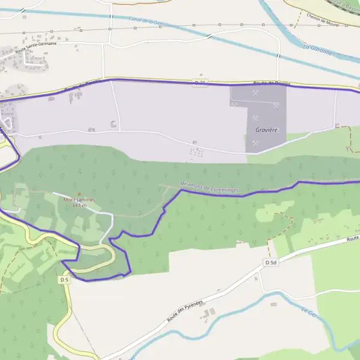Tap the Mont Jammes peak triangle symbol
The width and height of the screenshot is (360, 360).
(x=79, y=193)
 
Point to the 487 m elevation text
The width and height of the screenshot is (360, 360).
(x=79, y=205)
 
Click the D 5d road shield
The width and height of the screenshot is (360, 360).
(x=271, y=263)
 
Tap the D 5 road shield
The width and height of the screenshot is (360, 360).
(x=65, y=280)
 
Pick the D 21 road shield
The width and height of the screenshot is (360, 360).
(x=200, y=82)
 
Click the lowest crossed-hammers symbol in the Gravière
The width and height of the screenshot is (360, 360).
(x=256, y=143)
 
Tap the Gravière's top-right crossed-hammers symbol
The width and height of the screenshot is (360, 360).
(x=277, y=104)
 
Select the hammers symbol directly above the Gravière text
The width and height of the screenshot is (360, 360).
(x=256, y=118)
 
